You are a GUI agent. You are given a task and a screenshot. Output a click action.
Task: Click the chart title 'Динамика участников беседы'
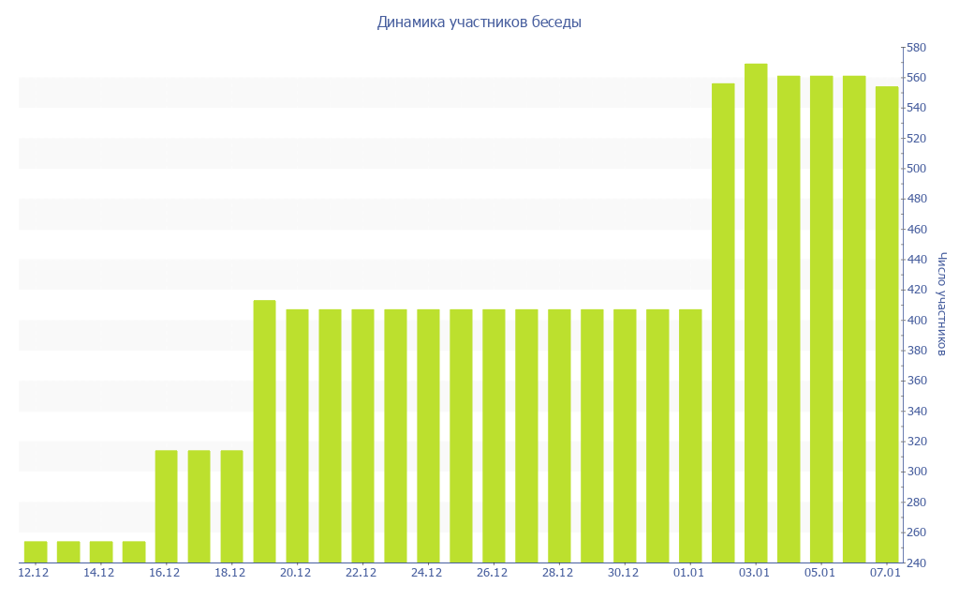point(479,22)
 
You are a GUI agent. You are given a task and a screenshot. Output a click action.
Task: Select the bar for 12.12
point(36,551)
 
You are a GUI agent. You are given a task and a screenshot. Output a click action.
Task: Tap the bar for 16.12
point(166,506)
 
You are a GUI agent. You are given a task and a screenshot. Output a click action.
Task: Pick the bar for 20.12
point(297,436)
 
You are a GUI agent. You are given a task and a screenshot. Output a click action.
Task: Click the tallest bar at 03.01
point(756,313)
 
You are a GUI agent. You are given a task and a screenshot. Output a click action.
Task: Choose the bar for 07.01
point(887,324)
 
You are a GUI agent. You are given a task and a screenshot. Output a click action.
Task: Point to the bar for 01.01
point(690,436)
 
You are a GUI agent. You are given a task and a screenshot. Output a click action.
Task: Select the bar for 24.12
point(428,436)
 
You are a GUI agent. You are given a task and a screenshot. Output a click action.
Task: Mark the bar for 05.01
point(821,319)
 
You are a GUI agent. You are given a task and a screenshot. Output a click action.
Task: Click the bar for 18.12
point(231,506)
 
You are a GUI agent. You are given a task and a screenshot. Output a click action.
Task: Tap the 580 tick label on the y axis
point(916,48)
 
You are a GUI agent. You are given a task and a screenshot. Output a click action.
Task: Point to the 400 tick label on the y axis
point(916,321)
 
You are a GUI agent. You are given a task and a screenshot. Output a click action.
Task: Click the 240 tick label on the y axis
point(916,562)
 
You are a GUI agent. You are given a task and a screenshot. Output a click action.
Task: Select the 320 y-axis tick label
point(916,442)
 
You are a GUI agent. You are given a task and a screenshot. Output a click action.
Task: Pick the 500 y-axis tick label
point(916,169)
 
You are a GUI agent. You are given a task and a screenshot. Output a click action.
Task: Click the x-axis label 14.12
point(98,573)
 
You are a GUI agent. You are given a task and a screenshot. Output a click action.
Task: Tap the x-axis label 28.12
point(557,573)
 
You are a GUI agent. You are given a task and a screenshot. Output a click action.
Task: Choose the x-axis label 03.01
point(754,573)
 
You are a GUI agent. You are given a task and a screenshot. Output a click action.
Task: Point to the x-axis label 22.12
point(361,573)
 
